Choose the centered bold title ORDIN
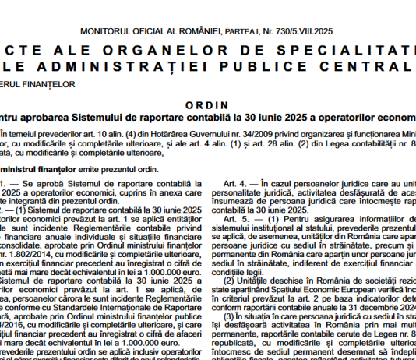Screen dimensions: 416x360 coord(208,103)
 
